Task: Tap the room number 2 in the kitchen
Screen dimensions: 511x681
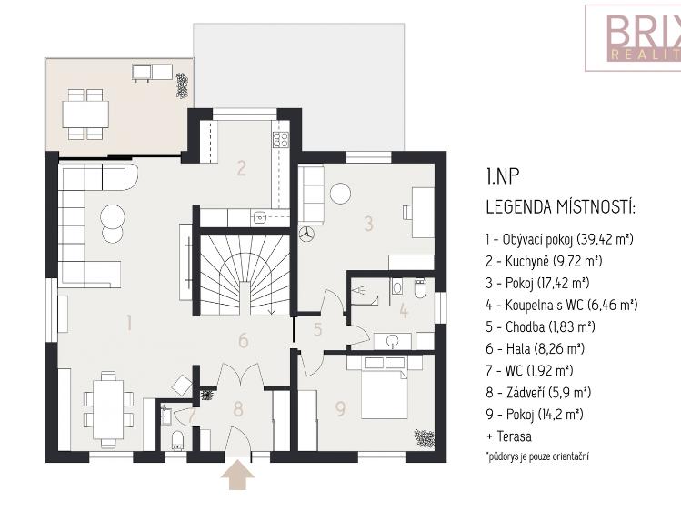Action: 241,167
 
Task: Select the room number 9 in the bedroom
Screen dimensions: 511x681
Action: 340,409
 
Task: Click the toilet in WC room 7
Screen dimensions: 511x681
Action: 177,440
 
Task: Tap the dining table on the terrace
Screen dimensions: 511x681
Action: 85,114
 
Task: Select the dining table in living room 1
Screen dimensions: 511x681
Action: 109,400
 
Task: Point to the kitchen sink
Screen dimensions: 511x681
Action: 259,217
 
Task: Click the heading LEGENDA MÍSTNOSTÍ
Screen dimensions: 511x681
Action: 560,208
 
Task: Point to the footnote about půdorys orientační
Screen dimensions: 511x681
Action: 536,456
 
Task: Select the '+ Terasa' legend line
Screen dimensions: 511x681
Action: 509,436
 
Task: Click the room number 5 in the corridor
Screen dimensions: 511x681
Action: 317,330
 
